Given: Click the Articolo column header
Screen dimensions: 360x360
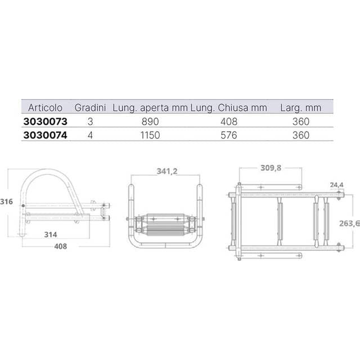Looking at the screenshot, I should point(45,107).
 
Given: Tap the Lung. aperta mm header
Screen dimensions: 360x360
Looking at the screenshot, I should point(150,107).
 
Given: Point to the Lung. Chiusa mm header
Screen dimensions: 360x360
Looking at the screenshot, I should point(228,107).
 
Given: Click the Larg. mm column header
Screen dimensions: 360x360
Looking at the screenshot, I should point(300,107).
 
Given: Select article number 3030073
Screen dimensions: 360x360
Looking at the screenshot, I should point(46,121).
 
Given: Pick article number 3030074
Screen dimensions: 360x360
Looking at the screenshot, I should point(46,135).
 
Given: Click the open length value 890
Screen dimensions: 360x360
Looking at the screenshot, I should point(151,121).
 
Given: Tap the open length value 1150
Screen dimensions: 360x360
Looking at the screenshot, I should point(151,135).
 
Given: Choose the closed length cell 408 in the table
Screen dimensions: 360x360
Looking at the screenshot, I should point(229,121).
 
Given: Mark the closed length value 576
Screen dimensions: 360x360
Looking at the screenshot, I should point(229,135).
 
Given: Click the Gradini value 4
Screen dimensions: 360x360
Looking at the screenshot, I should point(91,135).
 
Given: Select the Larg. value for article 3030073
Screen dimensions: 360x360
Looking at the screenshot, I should point(301,121).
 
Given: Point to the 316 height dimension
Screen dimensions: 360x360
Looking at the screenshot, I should point(6,201).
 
